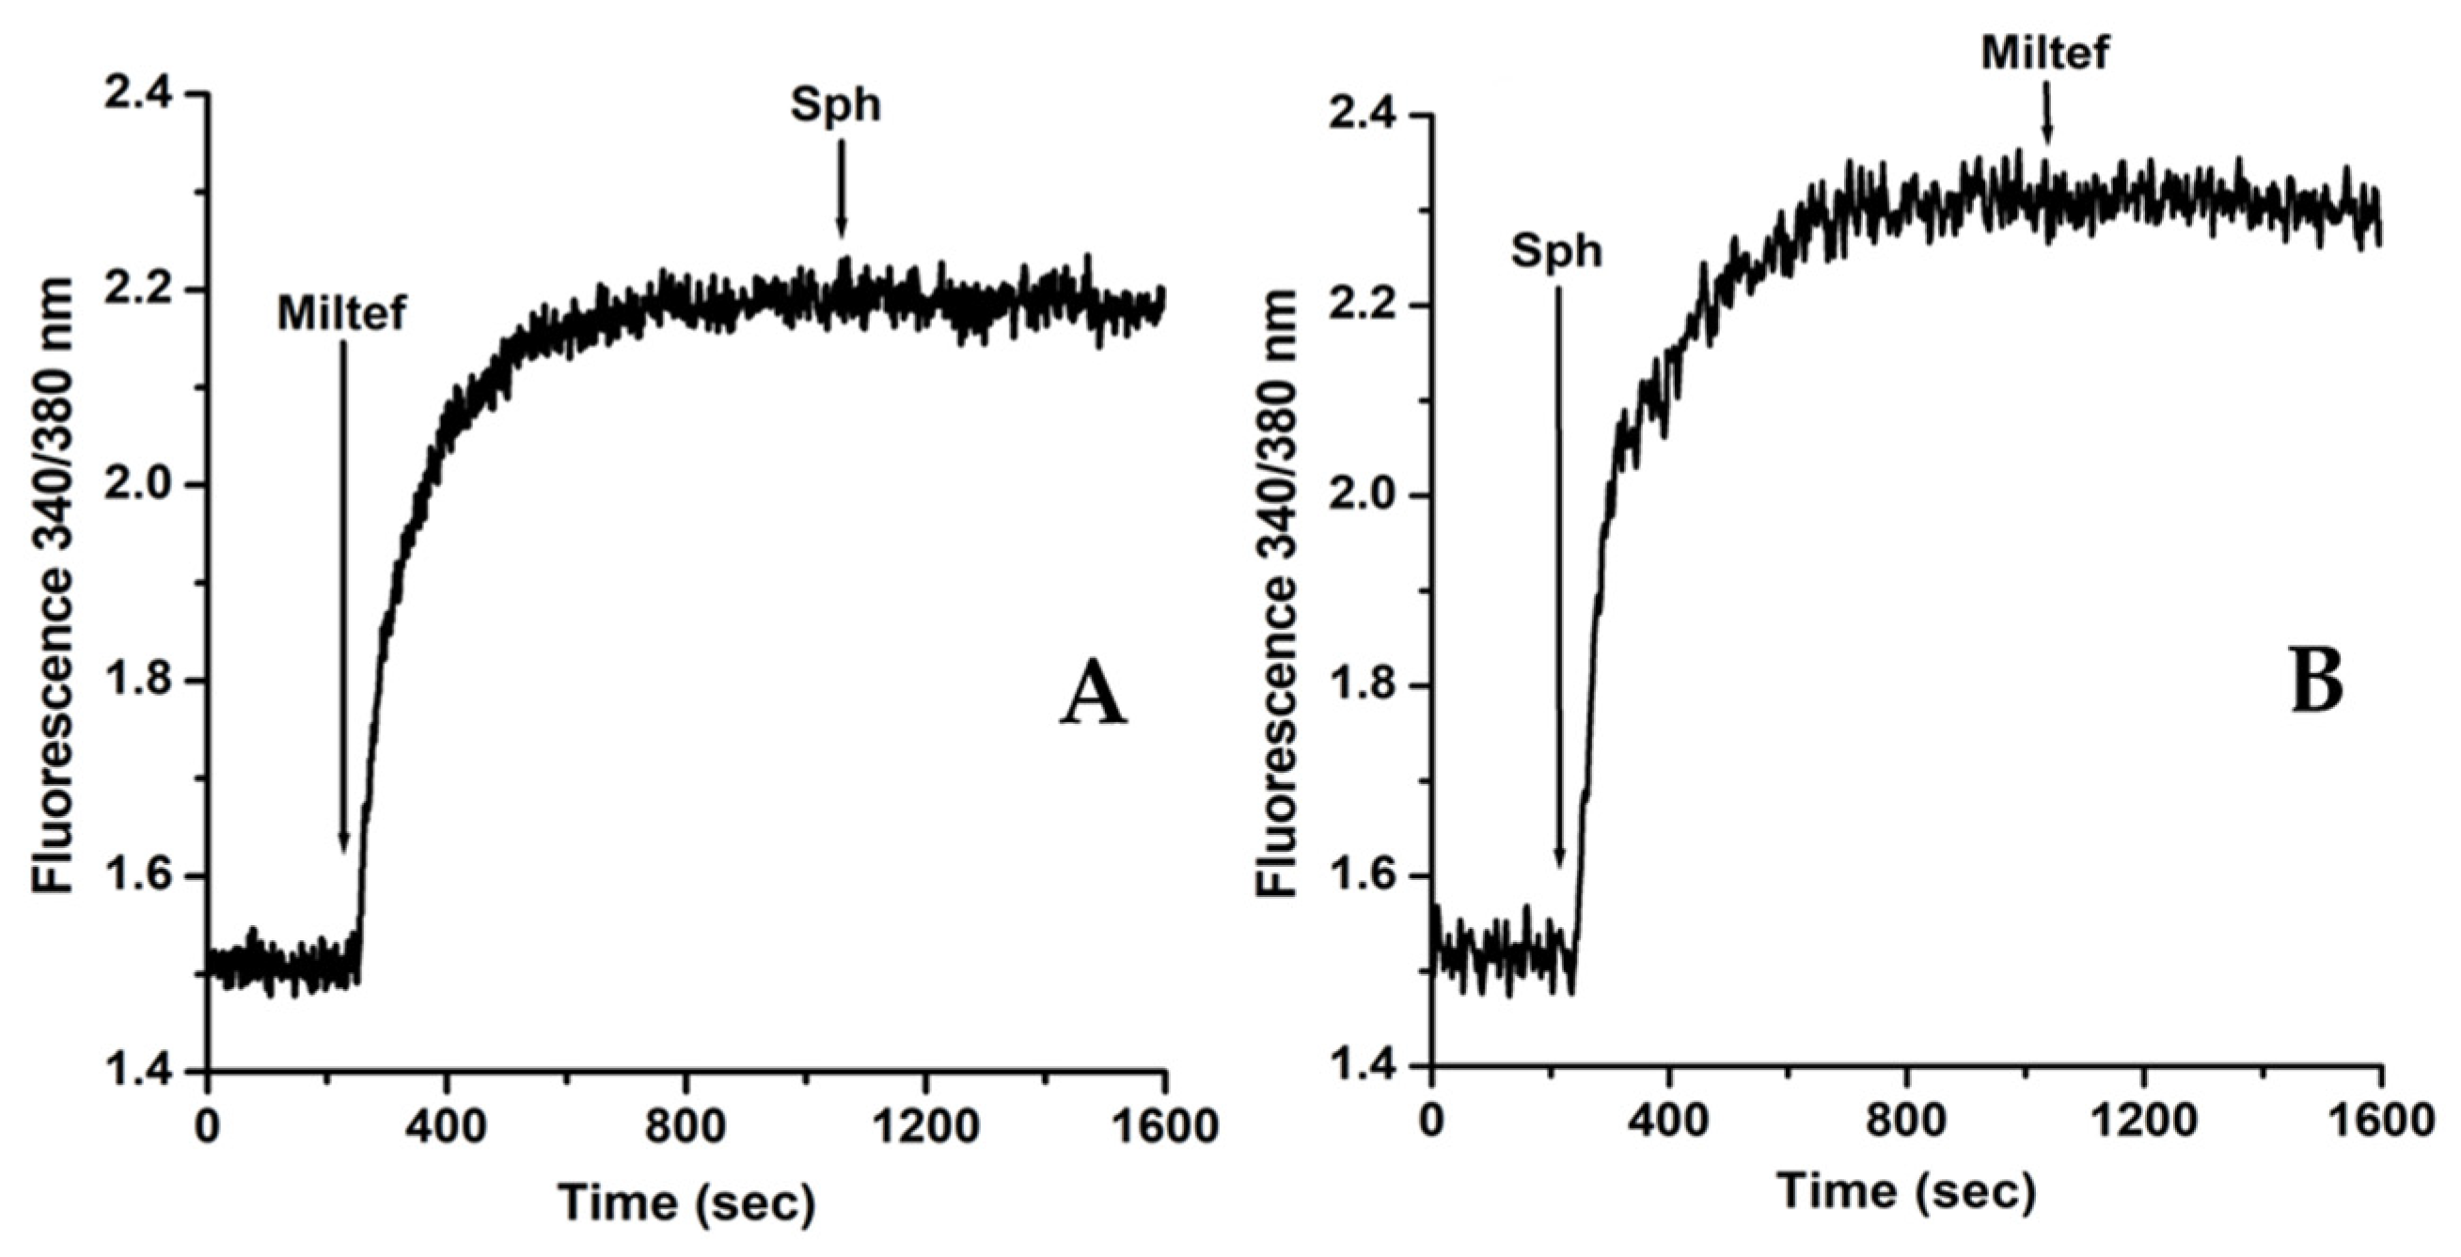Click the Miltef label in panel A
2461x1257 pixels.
(342, 312)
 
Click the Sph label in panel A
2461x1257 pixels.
(835, 105)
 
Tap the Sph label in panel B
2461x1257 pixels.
(1556, 252)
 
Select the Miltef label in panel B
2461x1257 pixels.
(2044, 54)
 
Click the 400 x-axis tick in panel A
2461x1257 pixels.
(446, 1128)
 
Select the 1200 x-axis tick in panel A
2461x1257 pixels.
(923, 1128)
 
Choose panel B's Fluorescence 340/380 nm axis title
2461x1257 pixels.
(1276, 592)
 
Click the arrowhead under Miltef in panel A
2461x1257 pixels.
(344, 841)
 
